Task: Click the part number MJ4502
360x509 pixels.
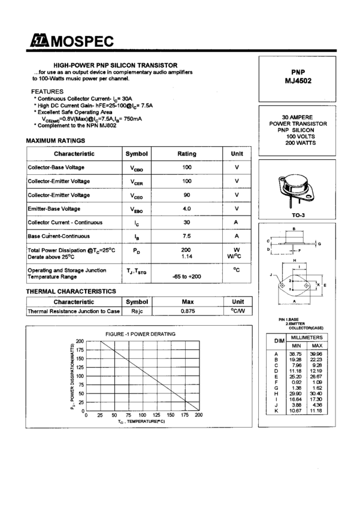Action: [x=297, y=81]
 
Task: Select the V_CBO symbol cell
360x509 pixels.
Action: [x=137, y=168]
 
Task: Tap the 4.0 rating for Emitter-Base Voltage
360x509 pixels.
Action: [x=187, y=208]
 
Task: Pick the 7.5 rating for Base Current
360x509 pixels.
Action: [x=187, y=235]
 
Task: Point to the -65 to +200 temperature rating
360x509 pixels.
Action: [x=187, y=277]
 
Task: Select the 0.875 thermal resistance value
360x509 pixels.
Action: [x=187, y=311]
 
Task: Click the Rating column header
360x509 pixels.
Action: [x=187, y=154]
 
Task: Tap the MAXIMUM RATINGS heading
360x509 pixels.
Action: [x=55, y=141]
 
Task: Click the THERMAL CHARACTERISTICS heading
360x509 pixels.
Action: [x=71, y=291]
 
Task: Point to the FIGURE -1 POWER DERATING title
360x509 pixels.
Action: [x=140, y=334]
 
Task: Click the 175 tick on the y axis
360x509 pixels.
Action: [x=80, y=350]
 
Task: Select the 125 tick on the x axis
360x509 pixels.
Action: [x=156, y=415]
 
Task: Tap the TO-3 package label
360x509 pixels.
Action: [x=297, y=214]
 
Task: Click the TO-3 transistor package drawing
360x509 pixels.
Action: [x=297, y=190]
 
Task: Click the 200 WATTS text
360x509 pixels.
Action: [x=297, y=144]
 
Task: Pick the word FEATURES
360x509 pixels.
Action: [x=47, y=91]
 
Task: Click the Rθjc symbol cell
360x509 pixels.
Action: [x=137, y=311]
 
